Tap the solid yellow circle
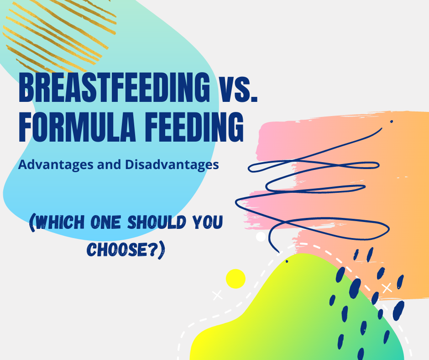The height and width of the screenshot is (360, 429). pos(235,278)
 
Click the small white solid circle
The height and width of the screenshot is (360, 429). pos(261,237)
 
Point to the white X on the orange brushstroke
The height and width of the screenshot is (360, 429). pos(387,288)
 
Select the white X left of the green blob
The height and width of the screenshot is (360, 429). pos(218,295)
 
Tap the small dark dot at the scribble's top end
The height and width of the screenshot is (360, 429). pos(391,122)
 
